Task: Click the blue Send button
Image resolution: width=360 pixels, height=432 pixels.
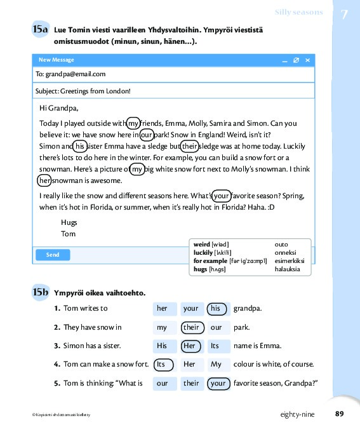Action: (x=53, y=255)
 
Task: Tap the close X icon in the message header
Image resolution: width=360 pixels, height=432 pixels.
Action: (x=308, y=60)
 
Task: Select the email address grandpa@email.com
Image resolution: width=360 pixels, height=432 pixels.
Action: (x=76, y=74)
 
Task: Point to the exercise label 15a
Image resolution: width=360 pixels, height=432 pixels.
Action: (x=40, y=29)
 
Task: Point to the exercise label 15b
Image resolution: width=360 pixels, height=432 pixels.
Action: (x=40, y=292)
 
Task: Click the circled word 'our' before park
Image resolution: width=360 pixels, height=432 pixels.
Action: (x=146, y=135)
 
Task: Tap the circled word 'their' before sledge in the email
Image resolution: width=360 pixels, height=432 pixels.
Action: (x=189, y=146)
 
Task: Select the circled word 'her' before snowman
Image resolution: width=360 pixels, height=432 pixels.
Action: (x=44, y=180)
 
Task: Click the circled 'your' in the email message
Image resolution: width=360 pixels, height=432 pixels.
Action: (x=222, y=196)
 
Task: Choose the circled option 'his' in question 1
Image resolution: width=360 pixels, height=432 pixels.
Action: (x=217, y=309)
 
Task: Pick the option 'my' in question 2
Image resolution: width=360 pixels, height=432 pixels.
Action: (x=162, y=327)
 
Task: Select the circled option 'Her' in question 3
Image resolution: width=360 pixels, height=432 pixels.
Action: (x=190, y=346)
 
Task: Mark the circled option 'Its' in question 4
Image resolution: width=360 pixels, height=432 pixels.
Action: (x=163, y=365)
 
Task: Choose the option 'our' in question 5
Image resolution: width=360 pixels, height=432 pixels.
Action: (x=163, y=383)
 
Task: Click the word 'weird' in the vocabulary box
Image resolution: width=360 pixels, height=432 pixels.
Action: (x=202, y=245)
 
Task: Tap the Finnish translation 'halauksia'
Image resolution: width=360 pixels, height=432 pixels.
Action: (x=287, y=269)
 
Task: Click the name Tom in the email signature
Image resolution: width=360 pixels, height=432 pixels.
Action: (x=69, y=234)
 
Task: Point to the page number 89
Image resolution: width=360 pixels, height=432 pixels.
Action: (x=339, y=414)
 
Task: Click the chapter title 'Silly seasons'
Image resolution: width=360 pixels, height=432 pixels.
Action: (x=298, y=13)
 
